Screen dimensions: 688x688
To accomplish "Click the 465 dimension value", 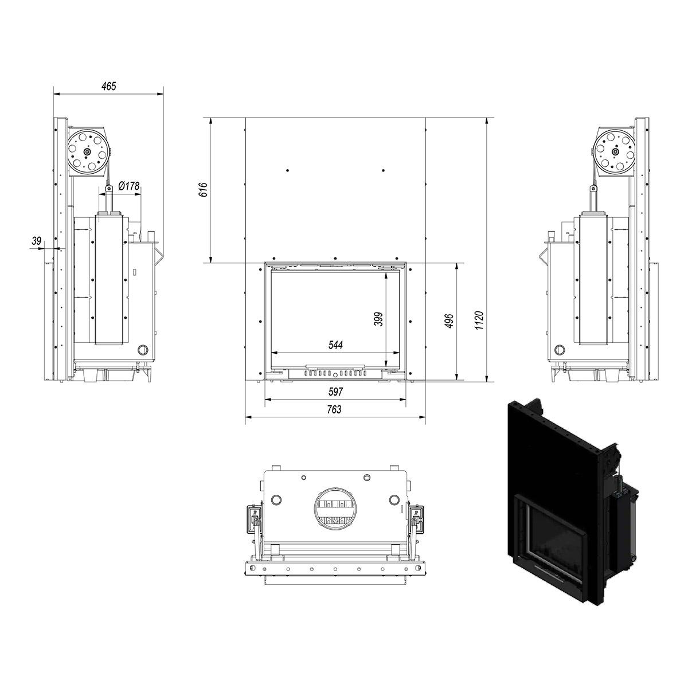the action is [109, 87].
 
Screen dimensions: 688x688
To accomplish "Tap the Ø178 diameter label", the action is [128, 186].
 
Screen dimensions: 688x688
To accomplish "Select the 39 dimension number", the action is [37, 241].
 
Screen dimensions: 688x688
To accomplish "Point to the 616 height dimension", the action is [204, 190].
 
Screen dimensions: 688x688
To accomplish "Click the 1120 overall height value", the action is [479, 320].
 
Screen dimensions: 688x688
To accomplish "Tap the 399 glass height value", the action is [378, 319].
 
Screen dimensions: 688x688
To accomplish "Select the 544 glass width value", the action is [335, 345].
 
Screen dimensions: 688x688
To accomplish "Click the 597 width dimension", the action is [335, 392].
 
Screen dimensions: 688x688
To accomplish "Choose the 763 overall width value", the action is [334, 409].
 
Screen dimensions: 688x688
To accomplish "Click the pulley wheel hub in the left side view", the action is [87, 152].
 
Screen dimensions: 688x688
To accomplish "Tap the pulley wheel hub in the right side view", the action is [615, 152].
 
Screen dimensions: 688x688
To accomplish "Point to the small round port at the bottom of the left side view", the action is [143, 349].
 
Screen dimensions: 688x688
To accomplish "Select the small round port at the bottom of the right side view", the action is [560, 349].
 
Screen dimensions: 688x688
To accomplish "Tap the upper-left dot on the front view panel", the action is [288, 171].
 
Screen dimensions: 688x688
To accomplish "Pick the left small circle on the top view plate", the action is [276, 499].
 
